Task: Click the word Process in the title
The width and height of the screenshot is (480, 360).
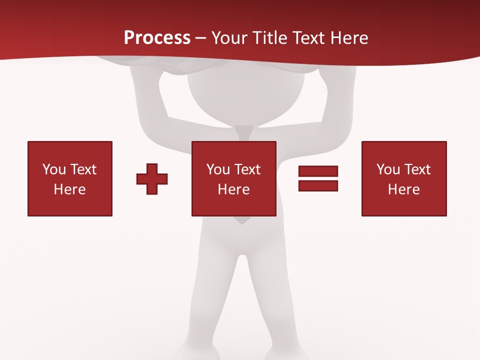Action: (157, 37)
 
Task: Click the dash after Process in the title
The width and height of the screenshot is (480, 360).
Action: (201, 38)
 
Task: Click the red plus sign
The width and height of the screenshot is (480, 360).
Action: (152, 179)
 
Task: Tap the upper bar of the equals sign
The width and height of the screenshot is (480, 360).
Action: (318, 171)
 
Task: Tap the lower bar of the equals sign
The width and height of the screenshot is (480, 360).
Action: (318, 185)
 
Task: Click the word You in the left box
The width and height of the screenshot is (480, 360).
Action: (54, 169)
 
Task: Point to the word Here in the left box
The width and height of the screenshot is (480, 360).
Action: (70, 189)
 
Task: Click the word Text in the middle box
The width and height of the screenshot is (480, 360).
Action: (246, 169)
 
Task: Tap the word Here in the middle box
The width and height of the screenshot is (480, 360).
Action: (233, 189)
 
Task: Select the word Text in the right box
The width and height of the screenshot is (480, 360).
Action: (416, 169)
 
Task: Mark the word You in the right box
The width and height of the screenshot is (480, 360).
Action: (388, 169)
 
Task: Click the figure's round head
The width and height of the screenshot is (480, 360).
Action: (245, 97)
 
